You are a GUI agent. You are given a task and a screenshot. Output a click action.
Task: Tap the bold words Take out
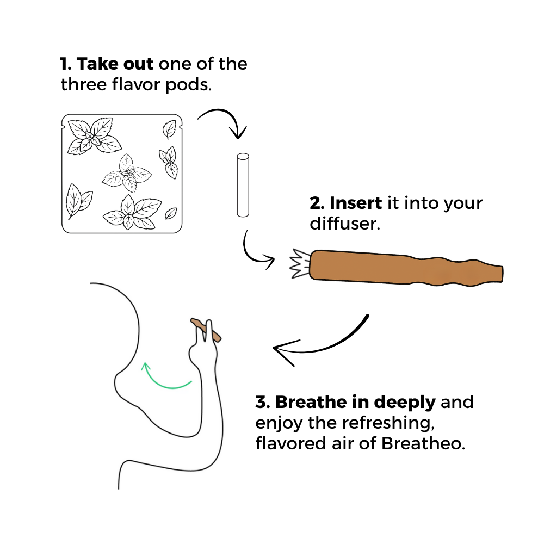[115, 64]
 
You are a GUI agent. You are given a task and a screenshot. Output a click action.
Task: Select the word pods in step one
[188, 85]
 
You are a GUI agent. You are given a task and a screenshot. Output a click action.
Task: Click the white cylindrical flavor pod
[243, 186]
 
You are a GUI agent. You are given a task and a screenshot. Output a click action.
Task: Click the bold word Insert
[356, 203]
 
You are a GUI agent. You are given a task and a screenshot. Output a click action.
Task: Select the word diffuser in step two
[345, 224]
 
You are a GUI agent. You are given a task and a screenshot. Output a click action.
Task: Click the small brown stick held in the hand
[206, 330]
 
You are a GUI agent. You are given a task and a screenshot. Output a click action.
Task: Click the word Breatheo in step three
[423, 443]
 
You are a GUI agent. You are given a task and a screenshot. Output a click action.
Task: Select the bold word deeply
[405, 403]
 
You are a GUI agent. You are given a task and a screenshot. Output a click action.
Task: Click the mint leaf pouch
[122, 174]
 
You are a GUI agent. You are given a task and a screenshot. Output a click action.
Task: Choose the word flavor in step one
[136, 84]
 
